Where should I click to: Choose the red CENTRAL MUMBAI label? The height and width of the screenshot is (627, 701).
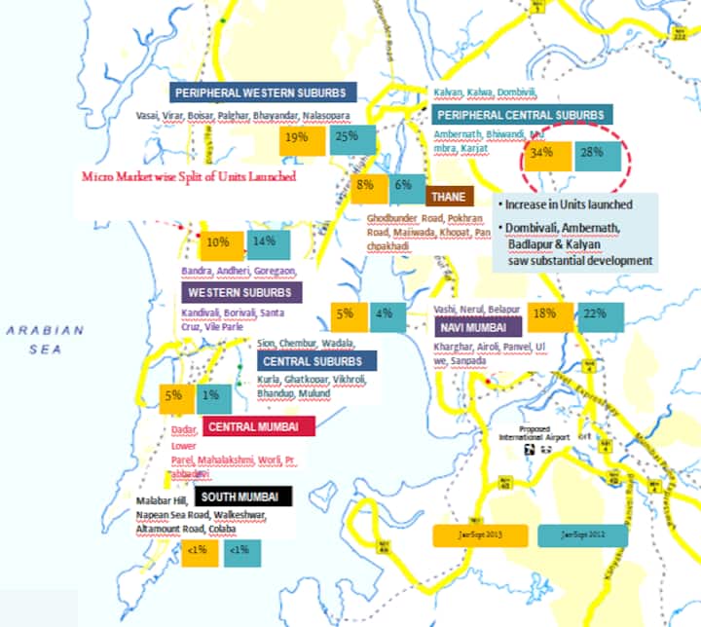coord(258,426)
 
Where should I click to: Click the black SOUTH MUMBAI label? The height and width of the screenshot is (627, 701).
coord(242,497)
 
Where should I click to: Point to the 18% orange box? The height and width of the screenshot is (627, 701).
coord(545,314)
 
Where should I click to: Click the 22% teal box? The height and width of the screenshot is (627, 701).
coord(596,314)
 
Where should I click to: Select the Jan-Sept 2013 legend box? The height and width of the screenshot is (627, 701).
coord(480,535)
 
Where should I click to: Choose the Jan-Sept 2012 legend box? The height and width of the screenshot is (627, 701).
coord(581,535)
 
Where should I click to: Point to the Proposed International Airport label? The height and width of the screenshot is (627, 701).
coord(545,434)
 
